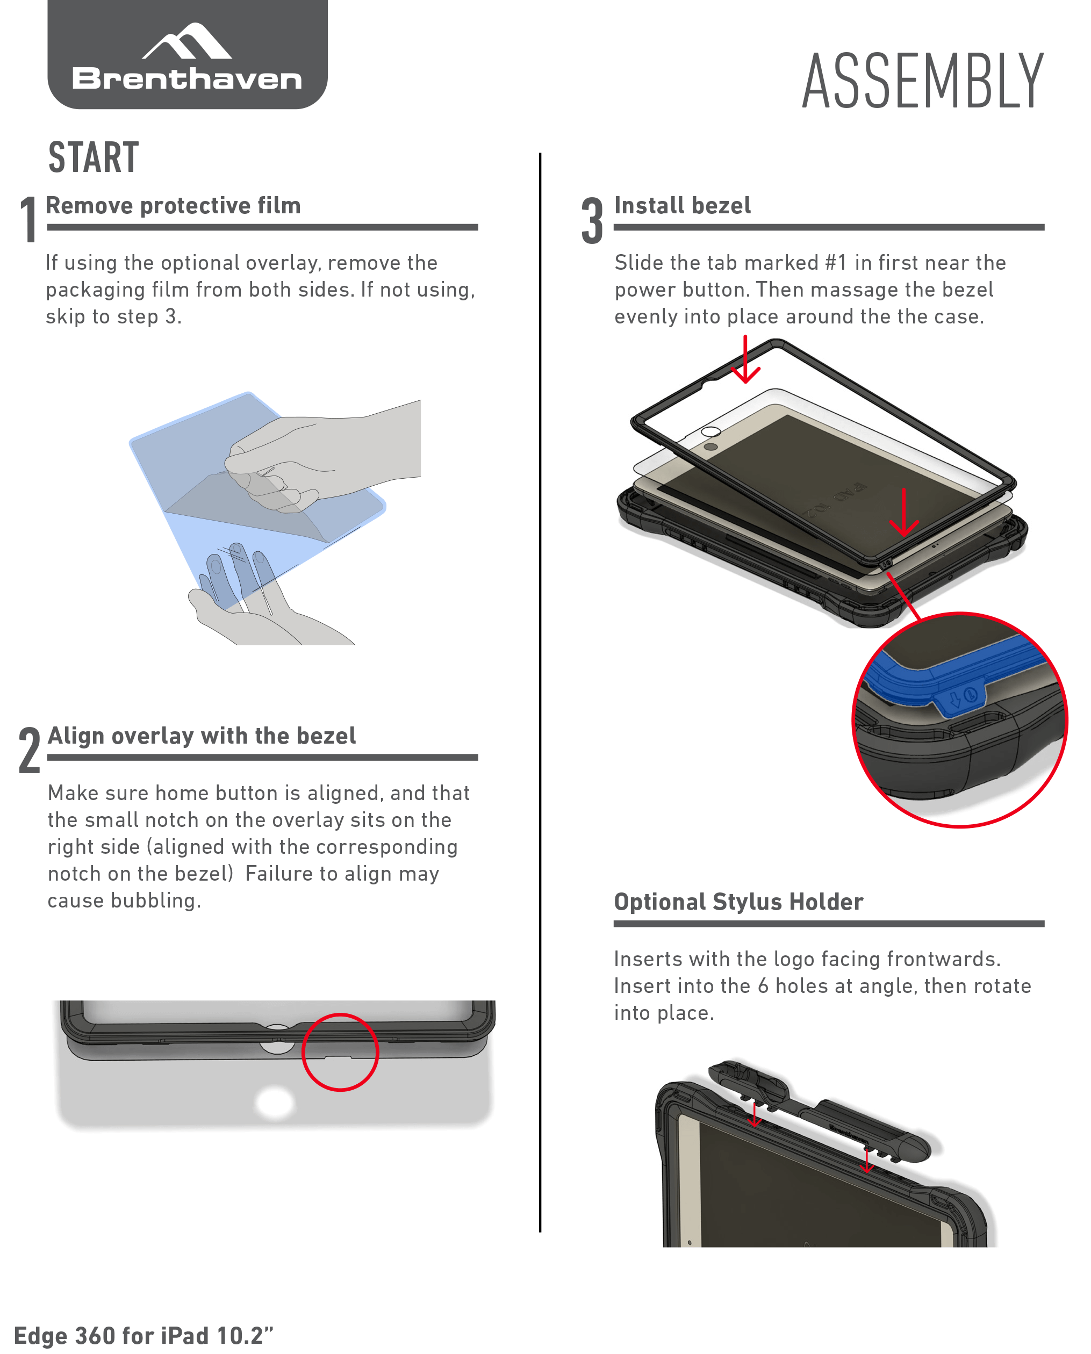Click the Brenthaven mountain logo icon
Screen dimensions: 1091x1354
186,41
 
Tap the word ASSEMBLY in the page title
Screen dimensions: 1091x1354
923,81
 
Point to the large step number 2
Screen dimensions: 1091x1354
30,750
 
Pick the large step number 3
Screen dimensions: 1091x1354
592,220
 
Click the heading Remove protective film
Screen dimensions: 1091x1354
173,205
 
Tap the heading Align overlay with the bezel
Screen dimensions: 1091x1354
202,736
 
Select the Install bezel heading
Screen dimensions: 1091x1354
683,205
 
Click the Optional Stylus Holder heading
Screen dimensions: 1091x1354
738,902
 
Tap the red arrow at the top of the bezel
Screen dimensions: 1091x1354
745,359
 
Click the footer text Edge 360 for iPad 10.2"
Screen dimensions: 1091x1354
144,1335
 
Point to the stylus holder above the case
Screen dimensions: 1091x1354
823,1112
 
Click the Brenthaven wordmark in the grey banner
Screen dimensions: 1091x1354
186,78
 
